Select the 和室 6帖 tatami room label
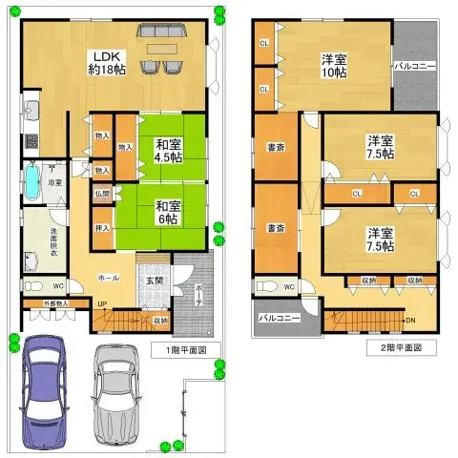point(169,211)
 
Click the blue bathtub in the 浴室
point(31,181)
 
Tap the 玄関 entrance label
point(153,281)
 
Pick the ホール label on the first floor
point(108,278)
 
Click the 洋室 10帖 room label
point(334,66)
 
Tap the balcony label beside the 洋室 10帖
point(415,67)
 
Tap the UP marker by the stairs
point(101,304)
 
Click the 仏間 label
point(102,193)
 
